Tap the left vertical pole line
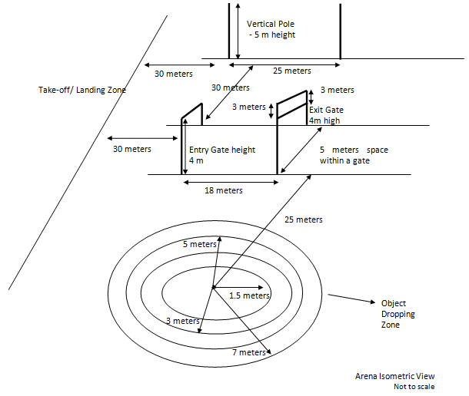point(228,31)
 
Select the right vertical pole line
point(341,31)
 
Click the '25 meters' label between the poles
point(292,71)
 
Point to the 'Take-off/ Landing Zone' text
point(82,90)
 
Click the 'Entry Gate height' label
point(221,150)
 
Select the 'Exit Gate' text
point(326,110)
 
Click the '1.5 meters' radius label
point(251,295)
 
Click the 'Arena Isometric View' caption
point(394,376)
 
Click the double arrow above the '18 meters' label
point(230,181)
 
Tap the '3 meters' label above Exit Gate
point(338,89)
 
